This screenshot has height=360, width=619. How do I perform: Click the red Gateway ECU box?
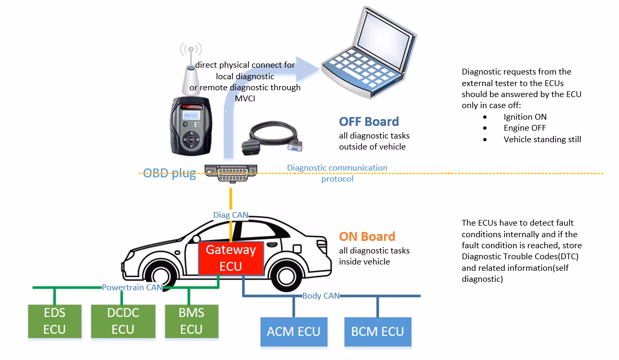point(230,257)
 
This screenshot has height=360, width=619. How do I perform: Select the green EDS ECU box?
point(55,321)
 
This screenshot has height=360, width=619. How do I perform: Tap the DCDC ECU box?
point(123,321)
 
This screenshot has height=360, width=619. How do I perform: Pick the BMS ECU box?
point(191,321)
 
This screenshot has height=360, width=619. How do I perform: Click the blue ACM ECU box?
point(294,332)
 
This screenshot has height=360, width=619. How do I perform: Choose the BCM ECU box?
point(378,332)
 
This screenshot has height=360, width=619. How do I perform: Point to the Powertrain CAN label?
point(132,288)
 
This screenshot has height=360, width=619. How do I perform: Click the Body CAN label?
point(321,296)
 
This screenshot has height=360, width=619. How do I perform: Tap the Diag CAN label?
point(231,215)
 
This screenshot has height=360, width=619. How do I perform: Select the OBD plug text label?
point(169,173)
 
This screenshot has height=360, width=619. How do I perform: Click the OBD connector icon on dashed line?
point(231,173)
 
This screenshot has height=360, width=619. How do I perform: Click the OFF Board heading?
point(369,122)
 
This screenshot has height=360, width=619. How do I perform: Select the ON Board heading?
point(367,237)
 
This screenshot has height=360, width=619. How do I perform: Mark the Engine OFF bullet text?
point(525,128)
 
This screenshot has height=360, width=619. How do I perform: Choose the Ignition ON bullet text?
point(525,117)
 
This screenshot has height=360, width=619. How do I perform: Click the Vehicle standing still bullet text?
point(542,140)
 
